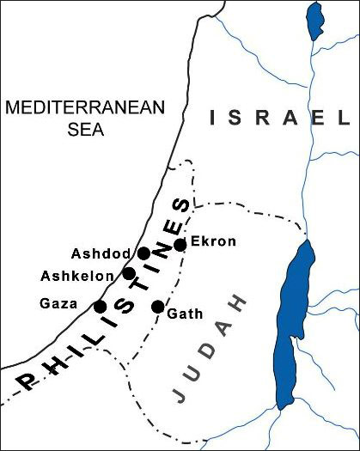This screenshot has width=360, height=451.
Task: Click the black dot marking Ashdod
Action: pyautogui.click(x=144, y=253)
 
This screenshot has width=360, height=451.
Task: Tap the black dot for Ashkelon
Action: pyautogui.click(x=129, y=273)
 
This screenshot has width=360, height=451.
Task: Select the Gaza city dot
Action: pyautogui.click(x=100, y=306)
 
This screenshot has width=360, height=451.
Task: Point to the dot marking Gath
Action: pyautogui.click(x=157, y=307)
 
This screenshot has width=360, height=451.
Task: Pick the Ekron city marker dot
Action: pyautogui.click(x=180, y=245)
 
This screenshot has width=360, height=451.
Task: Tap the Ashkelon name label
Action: pyautogui.click(x=81, y=276)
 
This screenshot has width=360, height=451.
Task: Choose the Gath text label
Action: pyautogui.click(x=186, y=314)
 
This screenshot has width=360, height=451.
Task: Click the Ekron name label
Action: pyautogui.click(x=212, y=241)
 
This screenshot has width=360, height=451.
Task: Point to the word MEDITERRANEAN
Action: pyautogui.click(x=72, y=108)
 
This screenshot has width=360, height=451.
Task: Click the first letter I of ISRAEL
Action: pyautogui.click(x=211, y=119)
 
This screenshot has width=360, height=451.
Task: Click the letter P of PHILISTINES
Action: pyautogui.click(x=26, y=380)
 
